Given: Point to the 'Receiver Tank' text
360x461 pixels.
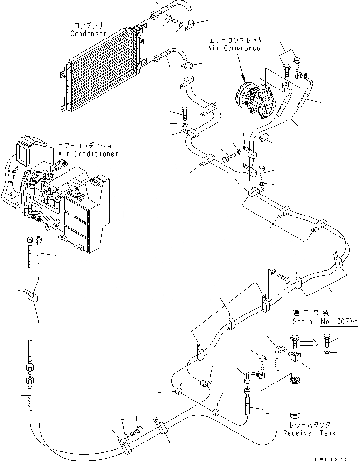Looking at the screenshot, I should click(x=309, y=433).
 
